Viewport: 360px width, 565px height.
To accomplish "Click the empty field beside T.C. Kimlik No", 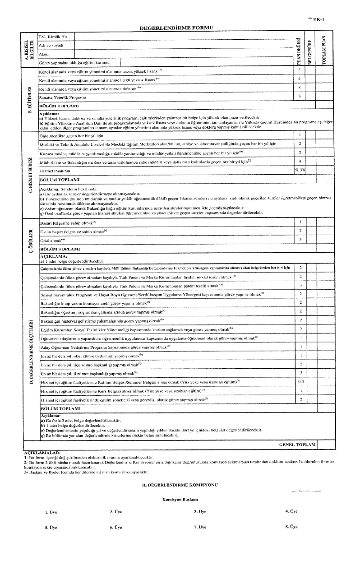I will click(183, 36).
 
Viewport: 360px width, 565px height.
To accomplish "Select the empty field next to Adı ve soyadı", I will click(183, 45).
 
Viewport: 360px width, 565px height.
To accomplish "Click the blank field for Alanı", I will click(183, 54).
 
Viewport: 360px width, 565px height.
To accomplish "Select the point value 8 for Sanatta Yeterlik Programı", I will click(299, 97).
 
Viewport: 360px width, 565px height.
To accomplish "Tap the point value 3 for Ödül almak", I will click(300, 239).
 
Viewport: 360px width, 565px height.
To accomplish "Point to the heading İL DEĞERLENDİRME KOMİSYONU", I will click(180, 484).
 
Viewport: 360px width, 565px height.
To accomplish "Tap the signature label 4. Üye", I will click(291, 511).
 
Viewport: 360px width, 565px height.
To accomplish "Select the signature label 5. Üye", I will click(51, 527).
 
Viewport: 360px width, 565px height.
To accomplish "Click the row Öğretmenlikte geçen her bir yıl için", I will click(72, 135).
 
